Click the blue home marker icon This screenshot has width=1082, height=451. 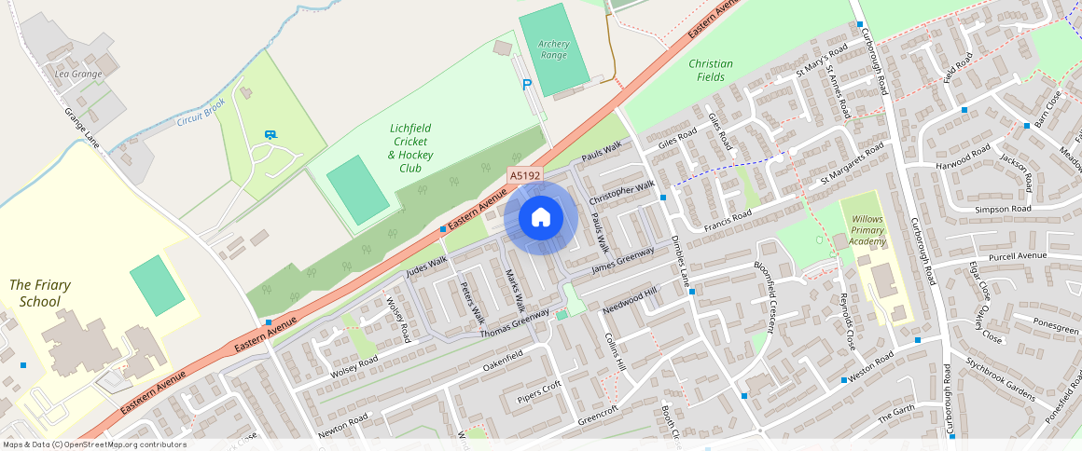540,218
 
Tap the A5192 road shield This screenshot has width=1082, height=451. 524,174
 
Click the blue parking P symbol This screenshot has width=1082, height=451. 527,85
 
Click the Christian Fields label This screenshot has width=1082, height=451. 711,70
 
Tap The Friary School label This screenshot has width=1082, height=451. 40,293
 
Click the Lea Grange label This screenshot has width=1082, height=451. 78,74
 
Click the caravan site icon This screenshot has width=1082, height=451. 270,135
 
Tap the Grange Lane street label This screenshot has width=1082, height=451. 82,125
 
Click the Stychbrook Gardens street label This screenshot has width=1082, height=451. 1000,378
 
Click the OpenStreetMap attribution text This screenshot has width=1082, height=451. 93,444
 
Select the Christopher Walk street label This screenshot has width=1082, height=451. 622,195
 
